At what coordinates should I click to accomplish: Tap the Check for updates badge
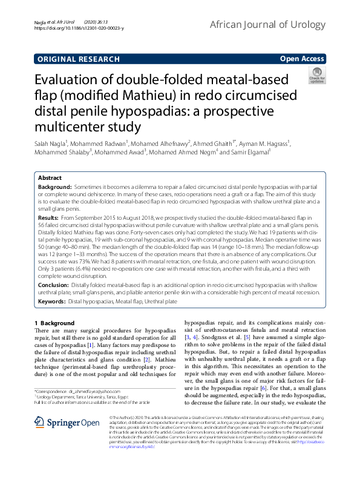click(316, 76)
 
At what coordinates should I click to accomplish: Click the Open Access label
click(302, 59)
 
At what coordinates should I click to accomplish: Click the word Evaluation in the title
click(68, 82)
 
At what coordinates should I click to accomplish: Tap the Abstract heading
click(50, 178)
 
